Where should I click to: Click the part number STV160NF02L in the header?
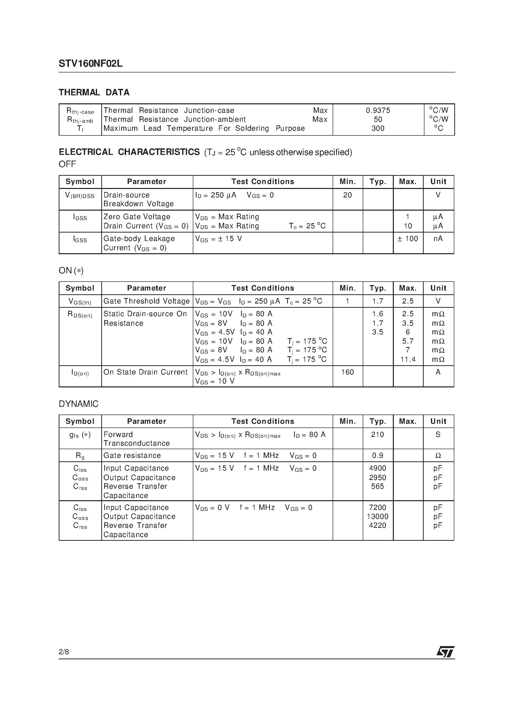(x=90, y=64)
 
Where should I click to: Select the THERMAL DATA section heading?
(x=94, y=93)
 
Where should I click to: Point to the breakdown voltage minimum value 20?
(x=347, y=195)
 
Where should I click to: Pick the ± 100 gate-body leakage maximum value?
(x=408, y=239)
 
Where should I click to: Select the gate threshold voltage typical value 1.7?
(x=377, y=301)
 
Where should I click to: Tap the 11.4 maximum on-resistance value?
(x=408, y=359)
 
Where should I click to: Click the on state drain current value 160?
(x=347, y=372)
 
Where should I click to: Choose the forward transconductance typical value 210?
(x=377, y=434)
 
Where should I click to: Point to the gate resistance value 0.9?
(x=377, y=456)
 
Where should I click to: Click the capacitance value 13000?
(x=377, y=517)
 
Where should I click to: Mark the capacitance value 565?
(x=377, y=486)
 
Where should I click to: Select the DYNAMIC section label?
(x=79, y=404)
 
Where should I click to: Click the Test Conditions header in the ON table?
(x=263, y=288)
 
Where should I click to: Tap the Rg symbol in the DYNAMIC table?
(x=80, y=456)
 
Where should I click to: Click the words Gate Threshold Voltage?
(x=146, y=301)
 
